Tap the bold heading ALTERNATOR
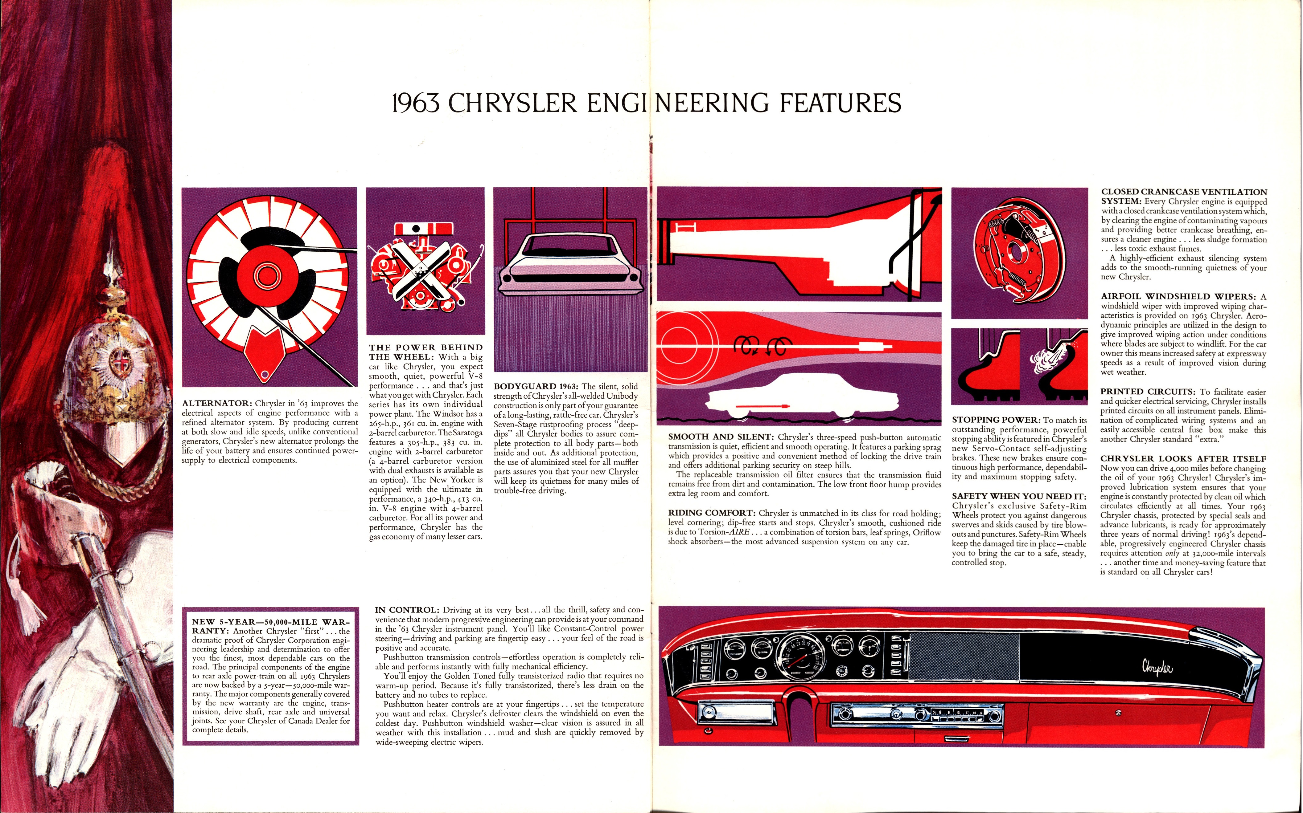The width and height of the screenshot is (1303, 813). [x=217, y=403]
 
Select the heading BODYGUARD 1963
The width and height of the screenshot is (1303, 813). [x=536, y=386]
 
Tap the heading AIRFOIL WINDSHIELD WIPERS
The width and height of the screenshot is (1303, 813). [x=1178, y=296]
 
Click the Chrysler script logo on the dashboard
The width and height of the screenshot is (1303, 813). [x=1157, y=667]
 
